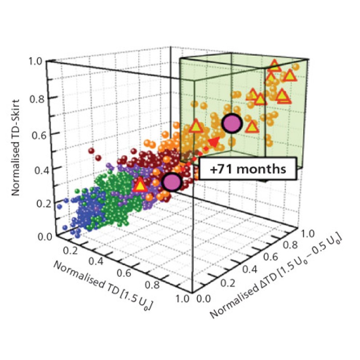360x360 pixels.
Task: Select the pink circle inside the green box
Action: click(x=232, y=123)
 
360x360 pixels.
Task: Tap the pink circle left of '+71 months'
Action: click(x=171, y=182)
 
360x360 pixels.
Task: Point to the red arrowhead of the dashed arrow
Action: click(x=214, y=142)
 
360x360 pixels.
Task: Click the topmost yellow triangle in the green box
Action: click(x=274, y=67)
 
